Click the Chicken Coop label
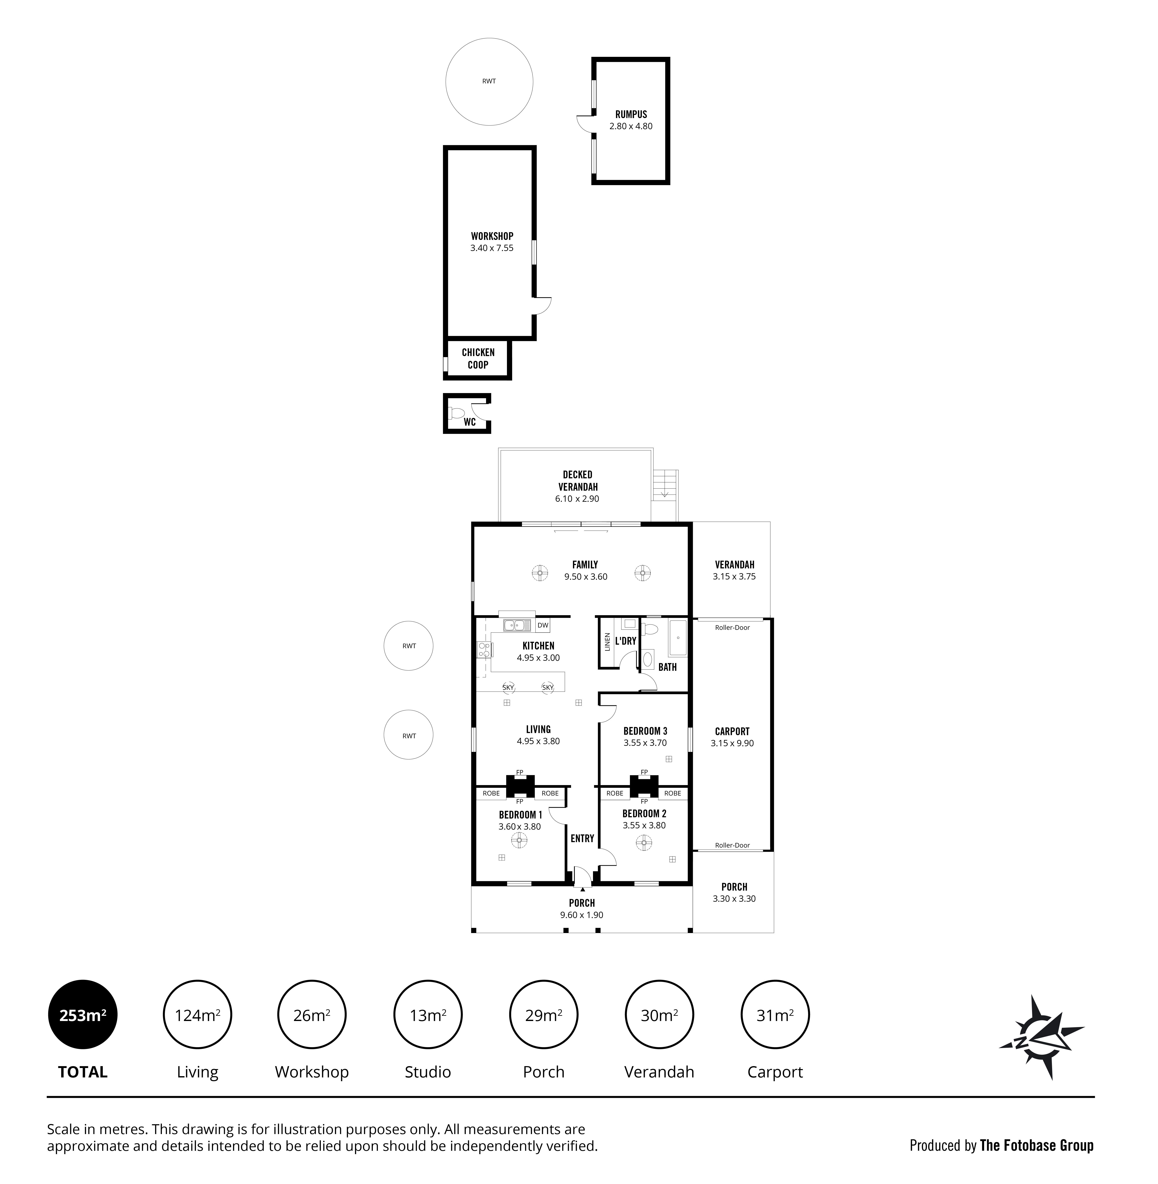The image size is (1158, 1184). tap(478, 358)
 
